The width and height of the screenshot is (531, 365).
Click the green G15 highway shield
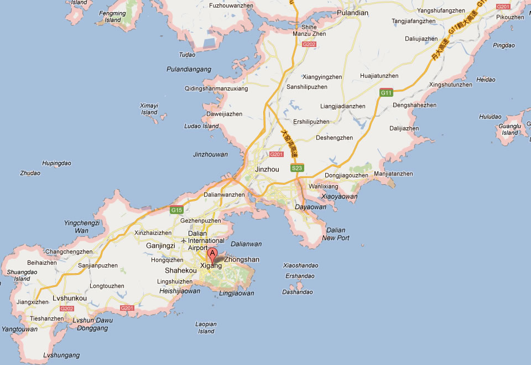pos(177,210)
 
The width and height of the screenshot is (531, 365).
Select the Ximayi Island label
pos(149,108)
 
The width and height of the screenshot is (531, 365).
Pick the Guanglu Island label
pos(509,129)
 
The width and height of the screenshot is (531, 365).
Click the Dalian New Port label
pos(336,234)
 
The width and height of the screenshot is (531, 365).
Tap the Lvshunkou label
pos(69,298)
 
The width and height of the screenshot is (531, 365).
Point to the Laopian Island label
pos(206,327)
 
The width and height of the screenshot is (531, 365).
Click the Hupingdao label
pos(57,163)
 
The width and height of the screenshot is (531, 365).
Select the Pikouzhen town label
pos(509,17)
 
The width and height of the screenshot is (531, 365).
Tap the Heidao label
pos(486,80)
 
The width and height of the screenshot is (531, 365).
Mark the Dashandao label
pos(297,292)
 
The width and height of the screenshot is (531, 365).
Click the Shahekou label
pos(180,270)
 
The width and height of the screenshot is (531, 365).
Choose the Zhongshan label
pos(242,259)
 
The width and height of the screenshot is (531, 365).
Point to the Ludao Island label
pos(201,126)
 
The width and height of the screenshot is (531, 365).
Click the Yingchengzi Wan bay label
pos(82,226)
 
